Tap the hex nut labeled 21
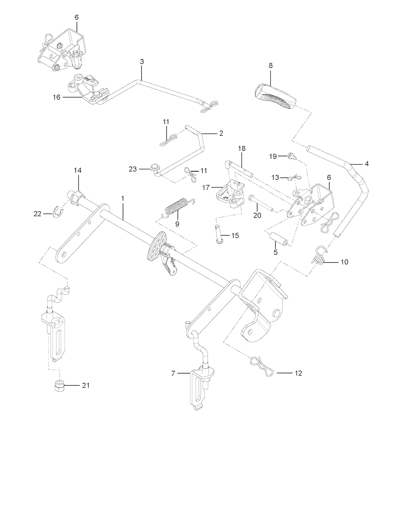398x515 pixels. (x=58, y=386)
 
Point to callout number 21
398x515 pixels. (x=86, y=385)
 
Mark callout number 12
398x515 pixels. (x=298, y=373)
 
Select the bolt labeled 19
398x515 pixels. (x=292, y=157)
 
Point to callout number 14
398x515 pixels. (x=78, y=170)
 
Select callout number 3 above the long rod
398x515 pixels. (x=142, y=61)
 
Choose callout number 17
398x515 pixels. (x=207, y=187)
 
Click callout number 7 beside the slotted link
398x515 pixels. (x=173, y=374)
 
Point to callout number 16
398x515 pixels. (x=57, y=97)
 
